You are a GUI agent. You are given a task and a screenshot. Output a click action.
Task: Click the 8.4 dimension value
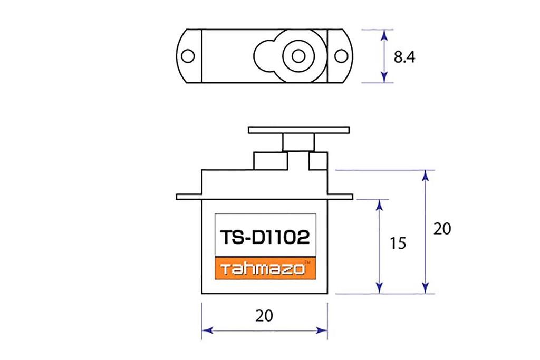[x=404, y=57]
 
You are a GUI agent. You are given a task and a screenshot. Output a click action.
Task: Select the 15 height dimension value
[x=399, y=243]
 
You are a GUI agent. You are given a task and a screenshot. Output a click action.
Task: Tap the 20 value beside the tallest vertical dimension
[x=442, y=229]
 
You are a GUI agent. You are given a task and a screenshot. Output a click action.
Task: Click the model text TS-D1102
[x=264, y=238]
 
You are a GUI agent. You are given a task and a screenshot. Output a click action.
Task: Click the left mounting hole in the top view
[x=188, y=56]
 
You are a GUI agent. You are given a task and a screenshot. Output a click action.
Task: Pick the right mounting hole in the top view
[x=341, y=56]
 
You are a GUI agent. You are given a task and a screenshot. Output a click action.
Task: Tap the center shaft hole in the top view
[x=298, y=56]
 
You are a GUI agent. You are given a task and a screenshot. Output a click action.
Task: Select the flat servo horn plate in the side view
[x=298, y=130]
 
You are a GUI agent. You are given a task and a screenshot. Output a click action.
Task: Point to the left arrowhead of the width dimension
[x=207, y=330]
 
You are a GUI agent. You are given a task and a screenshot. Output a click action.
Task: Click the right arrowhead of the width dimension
[x=322, y=330]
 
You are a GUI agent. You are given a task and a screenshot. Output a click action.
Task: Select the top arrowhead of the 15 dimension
[x=379, y=205]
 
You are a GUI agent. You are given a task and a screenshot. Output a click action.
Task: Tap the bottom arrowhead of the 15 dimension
[x=379, y=287]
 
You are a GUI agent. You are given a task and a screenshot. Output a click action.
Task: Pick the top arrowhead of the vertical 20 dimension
[x=425, y=176]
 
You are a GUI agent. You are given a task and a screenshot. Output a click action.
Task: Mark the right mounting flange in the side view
[x=340, y=197]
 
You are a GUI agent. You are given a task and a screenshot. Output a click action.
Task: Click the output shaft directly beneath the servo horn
[x=298, y=142]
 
